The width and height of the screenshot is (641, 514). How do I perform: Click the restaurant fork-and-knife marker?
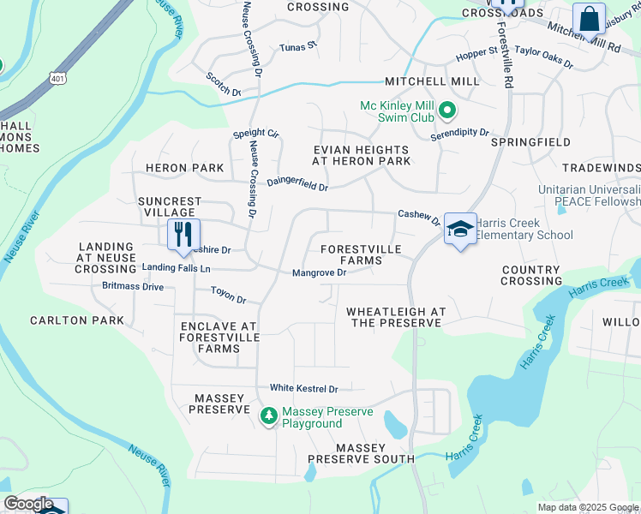coord(183,235)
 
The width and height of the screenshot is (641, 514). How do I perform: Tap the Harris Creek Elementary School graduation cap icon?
coord(460,229)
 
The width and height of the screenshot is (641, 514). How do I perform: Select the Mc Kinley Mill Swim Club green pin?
coord(446,111)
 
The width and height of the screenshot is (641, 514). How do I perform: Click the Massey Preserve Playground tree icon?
coord(269,416)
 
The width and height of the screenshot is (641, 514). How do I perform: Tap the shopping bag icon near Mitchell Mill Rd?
coord(590,18)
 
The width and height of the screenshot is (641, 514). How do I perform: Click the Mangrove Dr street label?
coord(319,273)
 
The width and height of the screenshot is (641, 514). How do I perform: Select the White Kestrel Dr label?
coord(304,388)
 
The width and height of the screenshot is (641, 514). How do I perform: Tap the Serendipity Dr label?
coord(459,134)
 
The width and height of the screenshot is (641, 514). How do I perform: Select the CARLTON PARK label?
coord(77,320)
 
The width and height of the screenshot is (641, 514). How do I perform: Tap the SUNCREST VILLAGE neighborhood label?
coord(170,206)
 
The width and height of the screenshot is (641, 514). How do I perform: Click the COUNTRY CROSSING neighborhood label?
coord(531,275)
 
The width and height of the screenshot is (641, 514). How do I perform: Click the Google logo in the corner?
coord(28,504)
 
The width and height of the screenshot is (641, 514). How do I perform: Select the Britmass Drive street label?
coord(133,286)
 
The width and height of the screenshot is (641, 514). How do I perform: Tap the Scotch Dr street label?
coord(224,84)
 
